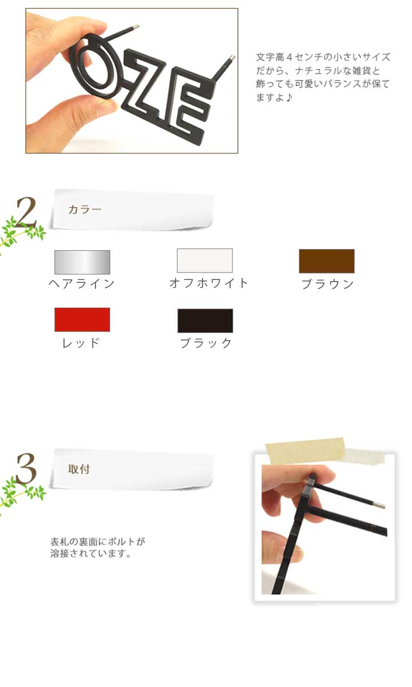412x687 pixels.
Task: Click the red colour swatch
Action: tap(82, 319)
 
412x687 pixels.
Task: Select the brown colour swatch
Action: tap(327, 261)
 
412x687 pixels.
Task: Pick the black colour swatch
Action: tap(205, 321)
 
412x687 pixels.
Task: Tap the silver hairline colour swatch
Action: tap(82, 262)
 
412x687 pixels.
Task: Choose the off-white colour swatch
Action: tap(205, 260)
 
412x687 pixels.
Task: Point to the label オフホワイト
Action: tap(208, 283)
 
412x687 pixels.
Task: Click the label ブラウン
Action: tap(328, 284)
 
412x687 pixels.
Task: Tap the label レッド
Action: tap(81, 342)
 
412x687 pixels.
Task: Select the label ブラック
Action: tap(205, 343)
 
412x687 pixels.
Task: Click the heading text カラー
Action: tap(85, 210)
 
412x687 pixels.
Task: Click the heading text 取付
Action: tap(79, 469)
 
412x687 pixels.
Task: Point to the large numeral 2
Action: tap(26, 212)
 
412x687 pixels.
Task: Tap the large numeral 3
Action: tap(26, 469)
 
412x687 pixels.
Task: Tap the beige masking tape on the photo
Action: tap(306, 450)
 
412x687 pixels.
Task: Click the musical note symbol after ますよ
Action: tap(288, 97)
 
